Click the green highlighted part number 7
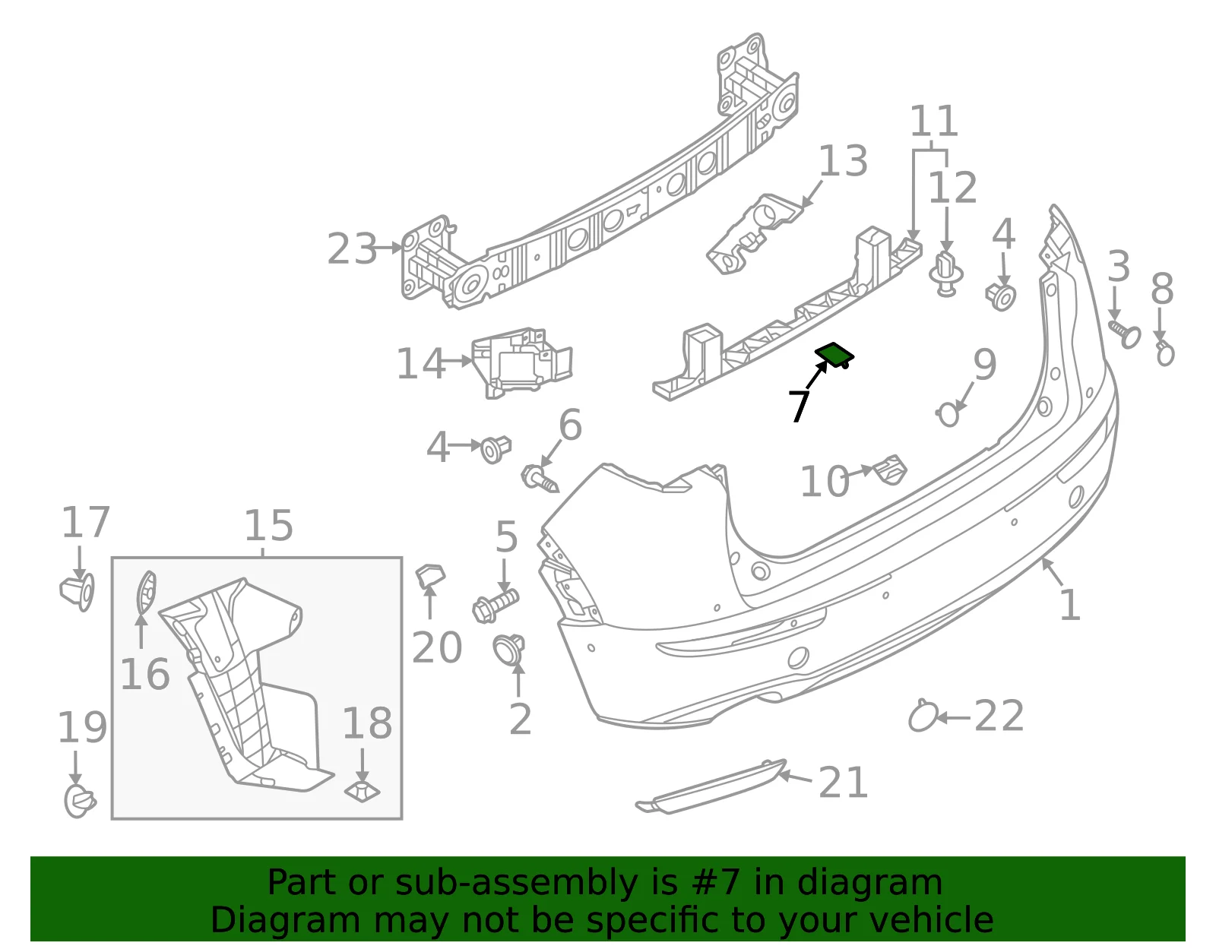834,355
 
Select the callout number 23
352,249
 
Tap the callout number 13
843,161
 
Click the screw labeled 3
1125,334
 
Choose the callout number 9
985,365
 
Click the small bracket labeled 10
889,470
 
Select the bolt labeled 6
540,479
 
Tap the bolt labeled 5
496,606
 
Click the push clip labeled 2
508,650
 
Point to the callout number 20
436,647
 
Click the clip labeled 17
78,592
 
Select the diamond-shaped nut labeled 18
362,791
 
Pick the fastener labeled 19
80,801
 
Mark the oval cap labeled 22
922,716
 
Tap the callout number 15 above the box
268,527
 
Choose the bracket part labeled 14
521,362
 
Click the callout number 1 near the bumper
1069,605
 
